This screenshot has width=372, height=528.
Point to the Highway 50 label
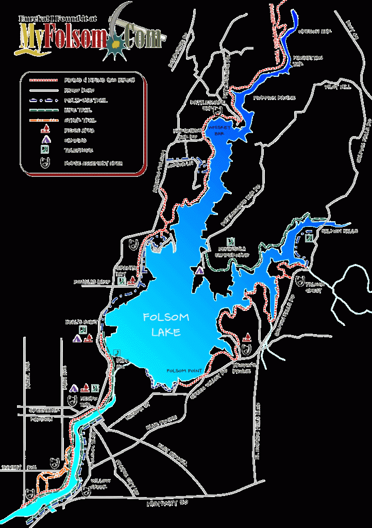(165, 504)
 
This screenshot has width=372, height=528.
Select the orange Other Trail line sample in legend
(42, 120)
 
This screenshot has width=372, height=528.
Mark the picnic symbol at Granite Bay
(132, 281)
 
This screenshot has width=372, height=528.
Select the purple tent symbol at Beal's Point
(77, 339)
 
